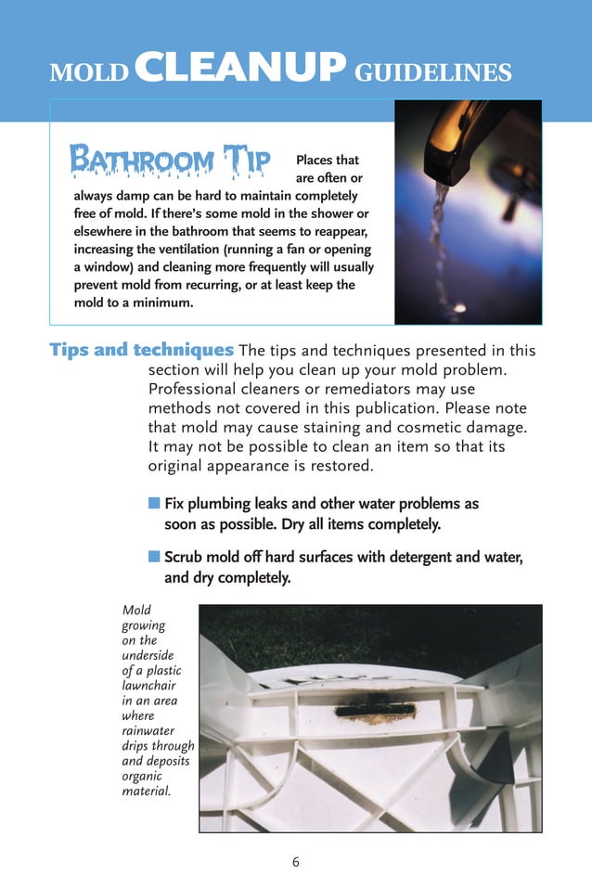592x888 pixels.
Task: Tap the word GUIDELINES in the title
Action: (433, 71)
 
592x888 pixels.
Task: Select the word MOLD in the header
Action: (88, 72)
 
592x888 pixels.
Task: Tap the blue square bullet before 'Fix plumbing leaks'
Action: (154, 503)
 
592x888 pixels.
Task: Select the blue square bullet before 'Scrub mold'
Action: (154, 557)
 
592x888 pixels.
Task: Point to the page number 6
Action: (296, 861)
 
